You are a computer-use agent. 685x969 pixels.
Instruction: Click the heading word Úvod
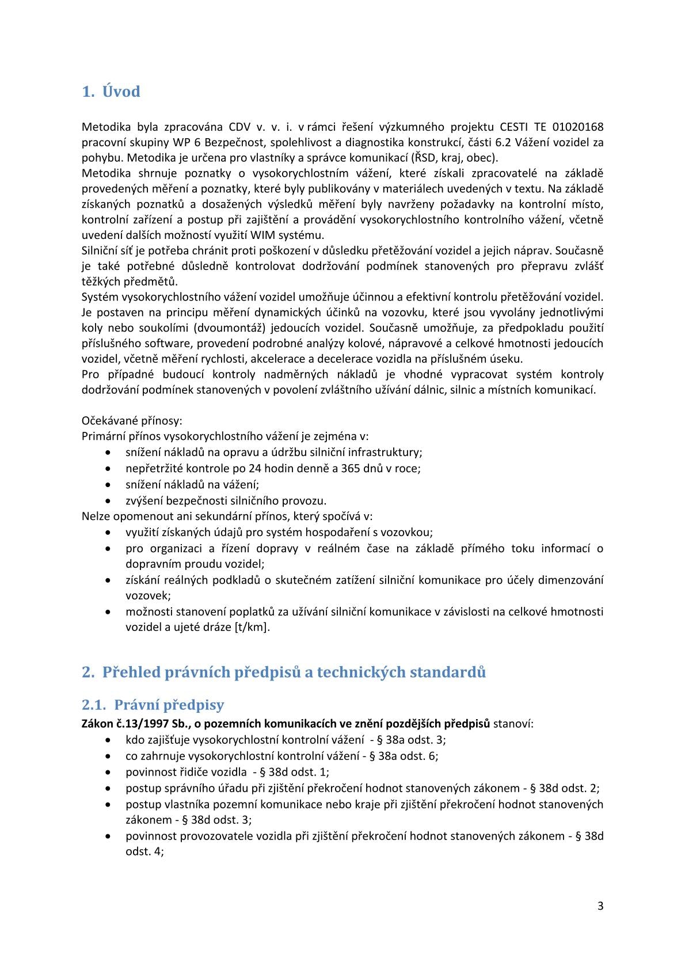click(x=121, y=92)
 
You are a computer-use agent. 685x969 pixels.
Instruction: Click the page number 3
click(x=600, y=906)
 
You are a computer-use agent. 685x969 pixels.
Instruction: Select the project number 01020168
click(x=578, y=127)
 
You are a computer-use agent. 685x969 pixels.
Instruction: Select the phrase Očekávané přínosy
click(x=131, y=421)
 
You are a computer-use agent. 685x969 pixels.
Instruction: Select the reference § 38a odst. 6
click(x=405, y=756)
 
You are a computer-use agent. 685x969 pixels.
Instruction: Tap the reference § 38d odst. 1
click(x=296, y=772)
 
